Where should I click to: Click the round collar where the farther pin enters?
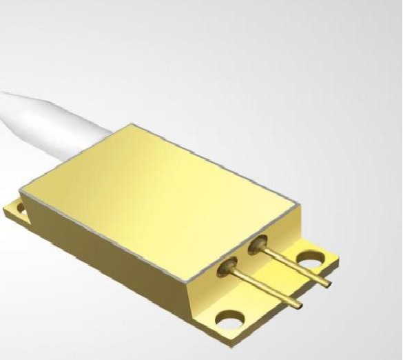tap(258, 243)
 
